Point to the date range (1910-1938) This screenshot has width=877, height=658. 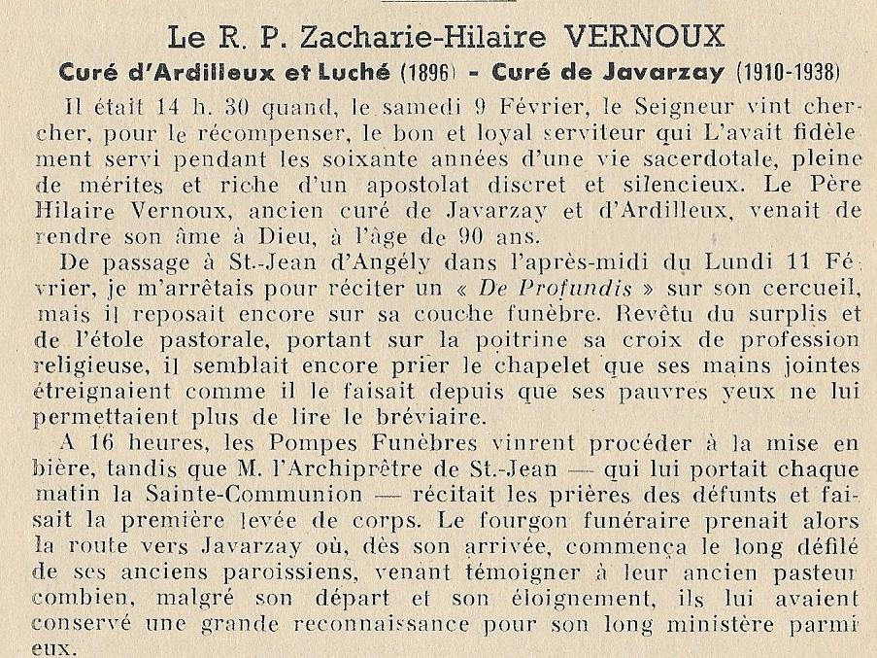pyautogui.click(x=792, y=74)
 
